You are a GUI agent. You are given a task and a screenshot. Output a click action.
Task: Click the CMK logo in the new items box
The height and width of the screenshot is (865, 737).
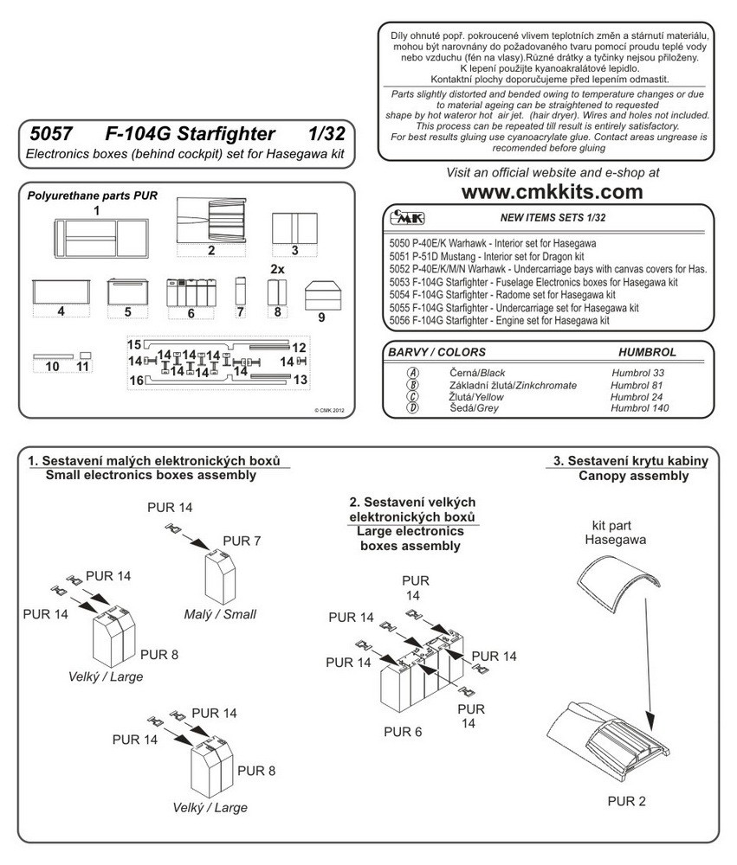407,217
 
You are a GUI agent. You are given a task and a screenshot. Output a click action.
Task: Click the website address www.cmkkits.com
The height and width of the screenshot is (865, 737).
552,192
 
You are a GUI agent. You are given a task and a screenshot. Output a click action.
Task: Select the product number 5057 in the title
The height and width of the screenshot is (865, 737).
51,134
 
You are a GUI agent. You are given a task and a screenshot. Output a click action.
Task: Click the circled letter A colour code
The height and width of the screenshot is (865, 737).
413,374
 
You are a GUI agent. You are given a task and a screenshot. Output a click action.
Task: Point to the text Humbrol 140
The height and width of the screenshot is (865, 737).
639,408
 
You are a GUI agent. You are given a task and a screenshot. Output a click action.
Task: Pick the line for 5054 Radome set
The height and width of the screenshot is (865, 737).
502,295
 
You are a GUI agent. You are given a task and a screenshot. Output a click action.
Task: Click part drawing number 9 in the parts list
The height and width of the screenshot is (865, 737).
322,296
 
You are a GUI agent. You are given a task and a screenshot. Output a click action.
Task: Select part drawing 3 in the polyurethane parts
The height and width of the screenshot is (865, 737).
294,228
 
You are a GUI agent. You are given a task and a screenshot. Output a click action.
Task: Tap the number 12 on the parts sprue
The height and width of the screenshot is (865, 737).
299,348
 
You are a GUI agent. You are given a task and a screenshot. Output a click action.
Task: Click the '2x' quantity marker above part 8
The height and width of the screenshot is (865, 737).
277,269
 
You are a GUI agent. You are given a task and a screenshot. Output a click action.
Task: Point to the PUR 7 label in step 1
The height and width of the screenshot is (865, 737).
242,541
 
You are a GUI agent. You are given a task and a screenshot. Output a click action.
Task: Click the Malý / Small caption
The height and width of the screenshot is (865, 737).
220,614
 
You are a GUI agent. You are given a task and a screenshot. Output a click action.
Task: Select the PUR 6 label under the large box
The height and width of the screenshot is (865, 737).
403,732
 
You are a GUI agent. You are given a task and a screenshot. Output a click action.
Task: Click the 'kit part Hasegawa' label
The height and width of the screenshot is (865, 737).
614,532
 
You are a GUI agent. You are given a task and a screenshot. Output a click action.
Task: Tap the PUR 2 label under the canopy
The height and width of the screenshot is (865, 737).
626,802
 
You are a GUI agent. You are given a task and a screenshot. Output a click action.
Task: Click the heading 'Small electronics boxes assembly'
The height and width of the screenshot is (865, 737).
151,476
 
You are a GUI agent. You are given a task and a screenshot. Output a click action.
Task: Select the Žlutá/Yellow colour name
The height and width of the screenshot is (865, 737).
475,397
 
